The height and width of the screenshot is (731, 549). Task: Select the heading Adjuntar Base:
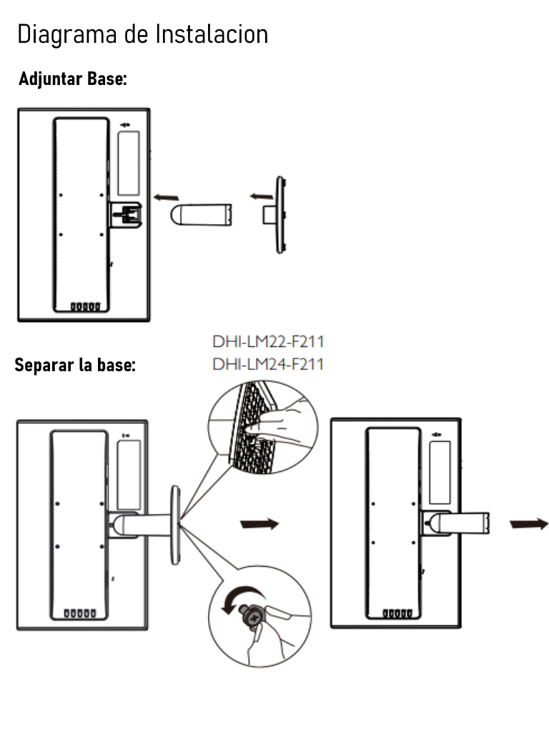tap(72, 79)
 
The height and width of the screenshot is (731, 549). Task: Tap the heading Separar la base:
tap(75, 366)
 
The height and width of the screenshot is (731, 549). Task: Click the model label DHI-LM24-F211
tap(268, 365)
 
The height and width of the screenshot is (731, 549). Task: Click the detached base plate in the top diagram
tap(279, 213)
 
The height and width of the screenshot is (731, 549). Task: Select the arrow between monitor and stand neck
tap(166, 195)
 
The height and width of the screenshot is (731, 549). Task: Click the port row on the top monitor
tap(84, 307)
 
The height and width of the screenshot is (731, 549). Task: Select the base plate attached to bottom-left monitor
tap(174, 525)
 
